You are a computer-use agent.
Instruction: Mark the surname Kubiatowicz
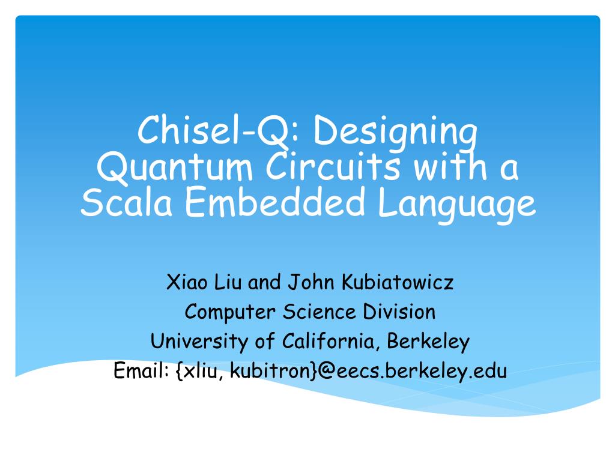coord(397,282)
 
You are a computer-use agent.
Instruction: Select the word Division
coord(399,312)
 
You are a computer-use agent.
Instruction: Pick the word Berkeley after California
coord(428,342)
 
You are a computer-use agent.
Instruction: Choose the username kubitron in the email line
coord(270,372)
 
